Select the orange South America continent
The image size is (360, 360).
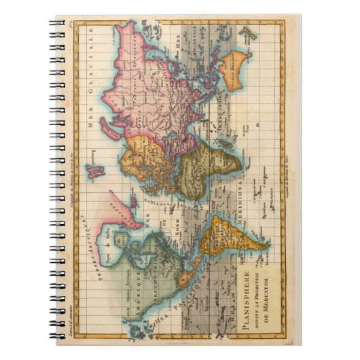coord(234,241)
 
